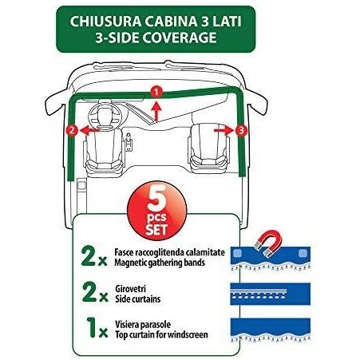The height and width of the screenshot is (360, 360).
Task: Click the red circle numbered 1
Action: click(x=156, y=93)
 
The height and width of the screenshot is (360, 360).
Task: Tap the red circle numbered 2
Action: click(x=72, y=130)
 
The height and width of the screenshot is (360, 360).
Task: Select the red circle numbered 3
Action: click(x=241, y=130)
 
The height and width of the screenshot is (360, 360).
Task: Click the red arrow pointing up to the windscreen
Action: click(x=156, y=111)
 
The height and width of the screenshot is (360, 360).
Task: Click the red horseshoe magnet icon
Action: click(x=268, y=243)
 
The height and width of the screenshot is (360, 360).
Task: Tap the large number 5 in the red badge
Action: click(x=157, y=199)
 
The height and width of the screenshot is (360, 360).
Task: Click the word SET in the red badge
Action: click(x=156, y=229)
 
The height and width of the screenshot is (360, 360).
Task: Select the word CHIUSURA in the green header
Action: click(x=105, y=22)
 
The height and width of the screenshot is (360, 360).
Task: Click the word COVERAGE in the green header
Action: click(x=180, y=38)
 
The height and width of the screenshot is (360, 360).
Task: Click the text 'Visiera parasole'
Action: click(x=143, y=325)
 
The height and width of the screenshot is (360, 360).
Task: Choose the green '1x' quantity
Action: click(x=97, y=328)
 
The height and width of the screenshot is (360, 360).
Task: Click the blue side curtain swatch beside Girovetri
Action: click(x=270, y=294)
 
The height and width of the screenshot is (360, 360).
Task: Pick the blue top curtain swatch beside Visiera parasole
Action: click(x=270, y=330)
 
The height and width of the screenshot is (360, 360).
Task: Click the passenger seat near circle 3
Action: click(x=208, y=147)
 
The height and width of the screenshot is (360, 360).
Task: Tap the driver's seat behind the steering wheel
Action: click(x=104, y=149)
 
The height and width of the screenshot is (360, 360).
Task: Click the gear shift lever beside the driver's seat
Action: click(x=129, y=141)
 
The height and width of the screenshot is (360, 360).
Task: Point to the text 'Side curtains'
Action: click(x=138, y=299)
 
